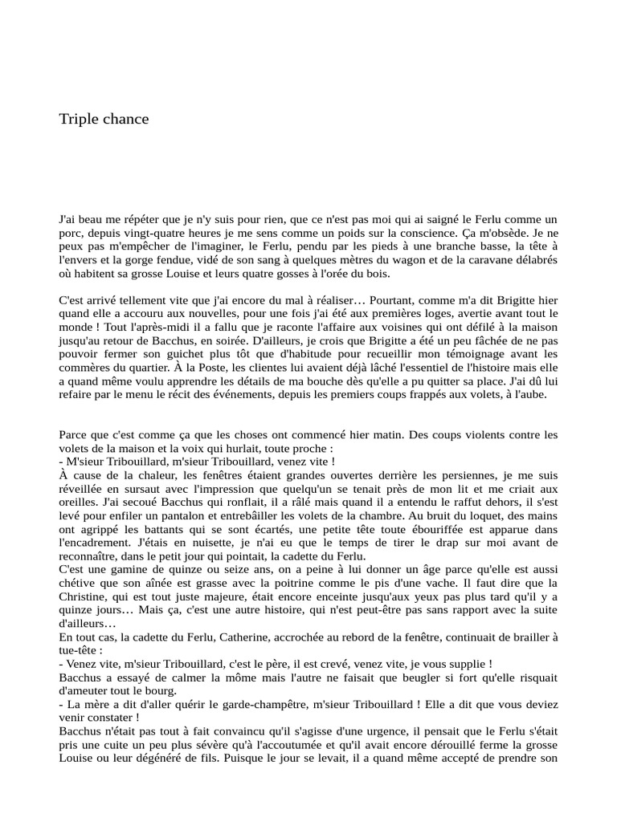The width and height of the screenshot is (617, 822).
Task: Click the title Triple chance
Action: [104, 119]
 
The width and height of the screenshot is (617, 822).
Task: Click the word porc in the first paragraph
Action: [72, 232]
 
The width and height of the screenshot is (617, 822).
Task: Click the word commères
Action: [84, 368]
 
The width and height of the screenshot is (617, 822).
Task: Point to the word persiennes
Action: [434, 476]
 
